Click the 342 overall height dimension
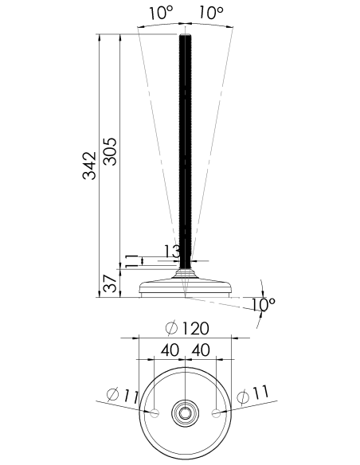point(89,166)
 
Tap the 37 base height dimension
point(111,283)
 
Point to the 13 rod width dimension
point(172,251)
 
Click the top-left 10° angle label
point(161,13)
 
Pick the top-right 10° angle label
point(211,13)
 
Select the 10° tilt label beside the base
point(264,304)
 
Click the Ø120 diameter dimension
point(187,328)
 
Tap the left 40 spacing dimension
point(170,350)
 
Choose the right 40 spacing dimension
point(201,350)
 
